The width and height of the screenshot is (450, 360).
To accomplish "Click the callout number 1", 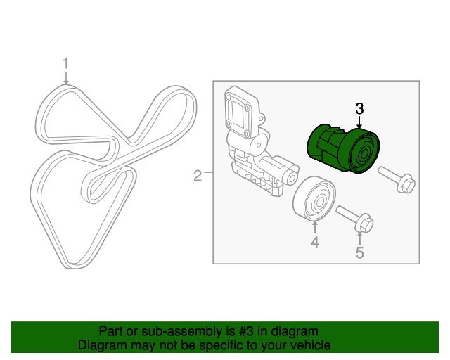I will [65, 64].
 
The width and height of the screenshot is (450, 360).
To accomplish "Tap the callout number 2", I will [198, 175].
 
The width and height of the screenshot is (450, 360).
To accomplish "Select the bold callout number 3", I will [359, 108].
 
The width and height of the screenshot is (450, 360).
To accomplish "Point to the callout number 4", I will [315, 243].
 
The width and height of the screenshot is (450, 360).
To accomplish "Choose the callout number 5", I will [359, 252].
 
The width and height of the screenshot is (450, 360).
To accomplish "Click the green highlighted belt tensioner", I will [343, 147].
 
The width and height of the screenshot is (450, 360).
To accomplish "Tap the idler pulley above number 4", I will [314, 200].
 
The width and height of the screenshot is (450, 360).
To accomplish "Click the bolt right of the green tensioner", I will [397, 179].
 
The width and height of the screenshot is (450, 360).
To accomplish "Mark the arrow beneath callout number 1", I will [65, 78].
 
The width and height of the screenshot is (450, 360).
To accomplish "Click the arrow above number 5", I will [359, 238].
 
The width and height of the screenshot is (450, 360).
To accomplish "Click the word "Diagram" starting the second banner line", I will [101, 345].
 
